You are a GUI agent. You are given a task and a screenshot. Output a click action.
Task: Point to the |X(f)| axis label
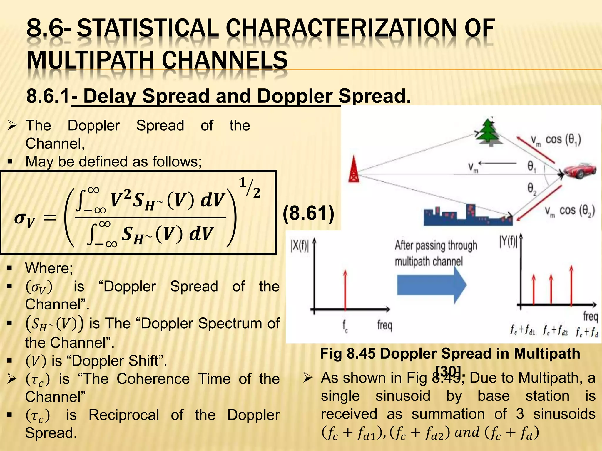pos(300,246)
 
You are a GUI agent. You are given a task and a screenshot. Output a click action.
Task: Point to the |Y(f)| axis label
pos(508,242)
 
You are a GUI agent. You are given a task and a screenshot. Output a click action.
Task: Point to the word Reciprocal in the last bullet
pos(124,415)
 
